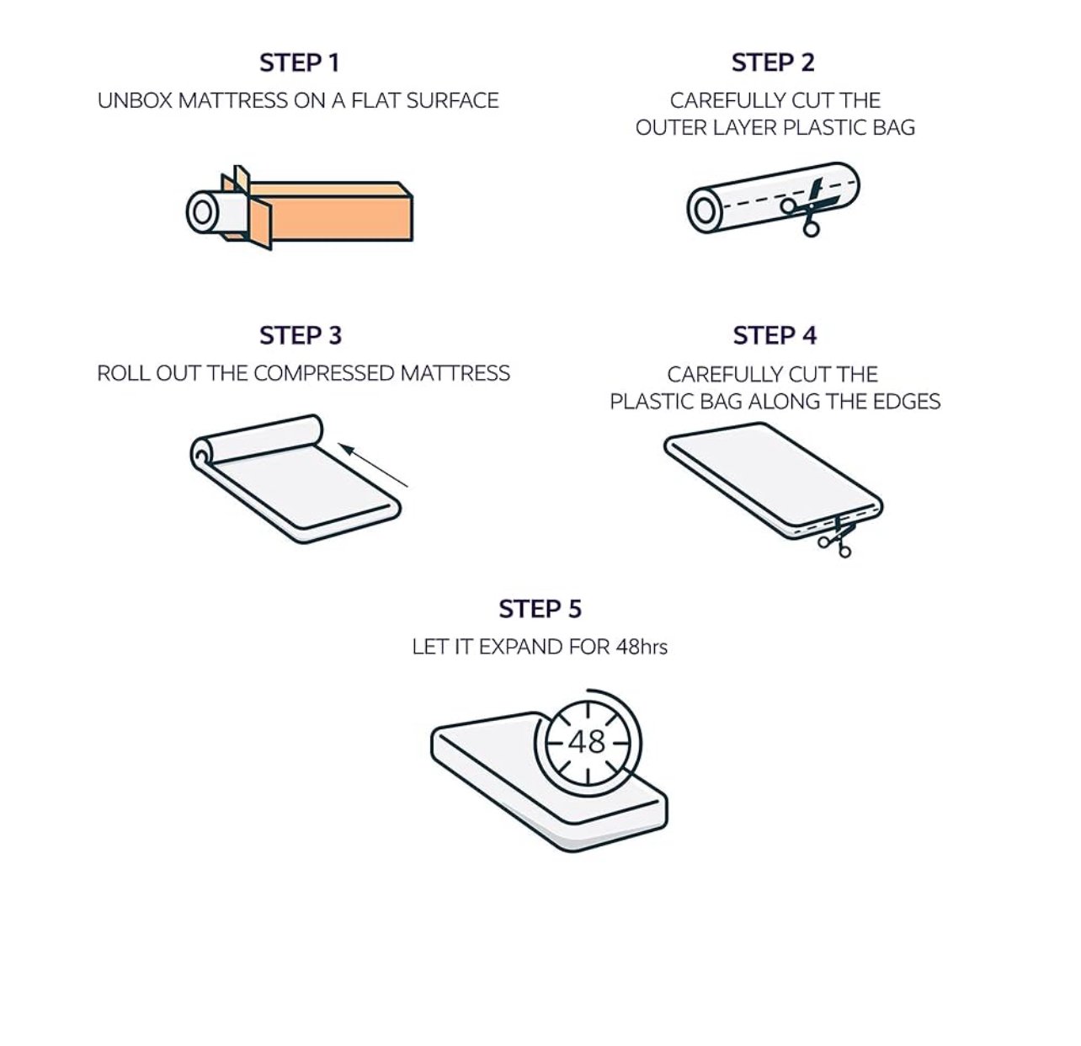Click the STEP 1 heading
point(300,63)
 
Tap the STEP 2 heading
point(773,62)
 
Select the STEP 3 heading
point(301,335)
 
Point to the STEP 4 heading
point(775,335)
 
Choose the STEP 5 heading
point(540,609)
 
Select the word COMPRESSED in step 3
point(323,373)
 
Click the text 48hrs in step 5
point(641,647)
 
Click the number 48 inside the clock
point(587,742)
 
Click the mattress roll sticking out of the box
point(215,211)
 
